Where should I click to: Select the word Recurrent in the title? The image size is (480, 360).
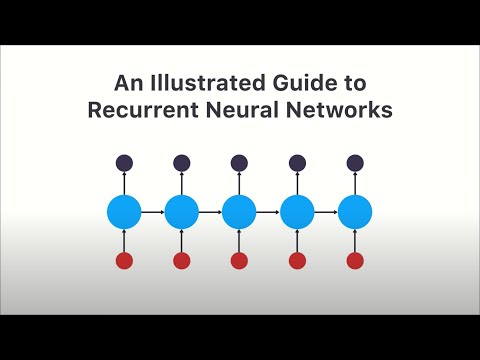(132, 110)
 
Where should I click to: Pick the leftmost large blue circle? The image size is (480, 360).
(124, 212)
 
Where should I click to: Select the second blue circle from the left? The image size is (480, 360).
(182, 212)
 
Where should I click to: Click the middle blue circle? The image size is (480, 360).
(239, 212)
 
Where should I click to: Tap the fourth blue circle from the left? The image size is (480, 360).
(297, 212)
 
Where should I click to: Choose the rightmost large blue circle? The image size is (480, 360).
(355, 212)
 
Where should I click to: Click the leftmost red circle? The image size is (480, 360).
(124, 261)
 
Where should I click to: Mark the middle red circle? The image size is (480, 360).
(239, 261)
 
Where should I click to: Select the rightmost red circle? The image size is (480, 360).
(355, 261)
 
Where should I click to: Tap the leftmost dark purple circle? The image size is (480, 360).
(124, 162)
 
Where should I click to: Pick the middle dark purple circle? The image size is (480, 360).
(239, 162)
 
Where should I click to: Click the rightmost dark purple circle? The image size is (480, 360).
(355, 162)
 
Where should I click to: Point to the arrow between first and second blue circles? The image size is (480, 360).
(153, 212)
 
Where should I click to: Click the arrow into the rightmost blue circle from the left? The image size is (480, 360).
(326, 212)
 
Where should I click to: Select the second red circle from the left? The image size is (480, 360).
(182, 261)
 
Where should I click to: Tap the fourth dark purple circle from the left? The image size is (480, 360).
(297, 162)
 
